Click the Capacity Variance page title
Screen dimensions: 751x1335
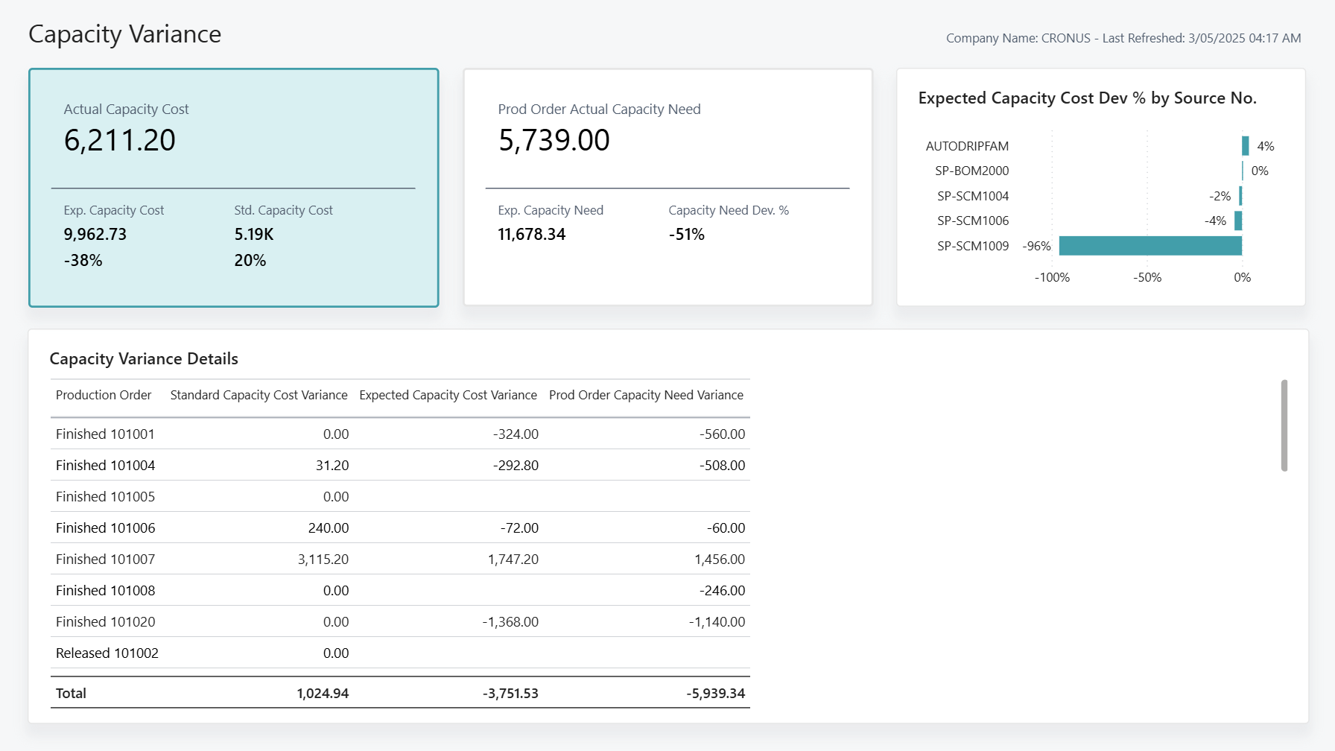pos(124,34)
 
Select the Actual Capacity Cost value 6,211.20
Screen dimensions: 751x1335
pos(119,140)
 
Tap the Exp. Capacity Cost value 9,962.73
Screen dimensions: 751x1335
pos(95,234)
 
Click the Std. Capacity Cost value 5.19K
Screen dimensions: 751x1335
pos(253,234)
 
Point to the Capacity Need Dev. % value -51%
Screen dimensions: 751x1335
pos(686,234)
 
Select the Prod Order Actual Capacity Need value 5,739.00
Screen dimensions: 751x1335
pos(554,140)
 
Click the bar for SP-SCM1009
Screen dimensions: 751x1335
pos(1150,246)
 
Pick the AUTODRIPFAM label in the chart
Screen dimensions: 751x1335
pos(966,146)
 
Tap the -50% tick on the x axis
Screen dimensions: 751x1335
pos(1147,277)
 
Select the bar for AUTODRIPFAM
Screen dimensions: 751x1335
pos(1245,146)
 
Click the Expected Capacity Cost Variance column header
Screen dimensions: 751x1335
pos(448,395)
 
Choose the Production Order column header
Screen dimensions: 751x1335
pos(103,395)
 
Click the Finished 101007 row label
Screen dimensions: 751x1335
pos(105,559)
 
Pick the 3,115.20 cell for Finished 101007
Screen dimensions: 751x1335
pos(323,559)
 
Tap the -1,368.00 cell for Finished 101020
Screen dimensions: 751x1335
pos(510,621)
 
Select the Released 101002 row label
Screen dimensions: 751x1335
pos(107,653)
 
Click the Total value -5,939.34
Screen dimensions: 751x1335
pos(715,693)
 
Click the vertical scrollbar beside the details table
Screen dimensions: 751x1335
pos(1284,425)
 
